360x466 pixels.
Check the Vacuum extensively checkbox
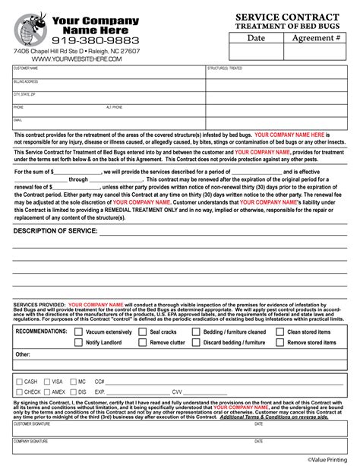click(79, 331)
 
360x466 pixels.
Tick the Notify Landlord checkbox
click(79, 342)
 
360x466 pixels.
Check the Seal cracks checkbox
click(143, 331)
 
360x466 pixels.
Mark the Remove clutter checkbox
click(143, 342)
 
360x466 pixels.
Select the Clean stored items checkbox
click(280, 331)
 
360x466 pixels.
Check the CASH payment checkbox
click(18, 381)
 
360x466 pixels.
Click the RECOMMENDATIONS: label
click(41, 331)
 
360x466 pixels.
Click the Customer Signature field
click(129, 431)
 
